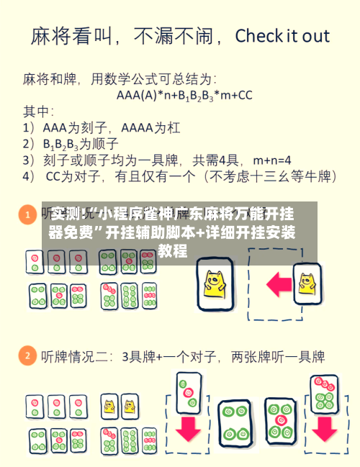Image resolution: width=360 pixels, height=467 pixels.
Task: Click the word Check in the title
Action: tap(258, 35)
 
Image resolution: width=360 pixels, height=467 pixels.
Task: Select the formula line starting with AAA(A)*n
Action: tap(185, 94)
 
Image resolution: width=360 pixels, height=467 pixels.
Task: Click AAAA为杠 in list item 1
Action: tap(150, 127)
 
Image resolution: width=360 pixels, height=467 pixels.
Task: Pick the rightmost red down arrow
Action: tap(324, 430)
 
